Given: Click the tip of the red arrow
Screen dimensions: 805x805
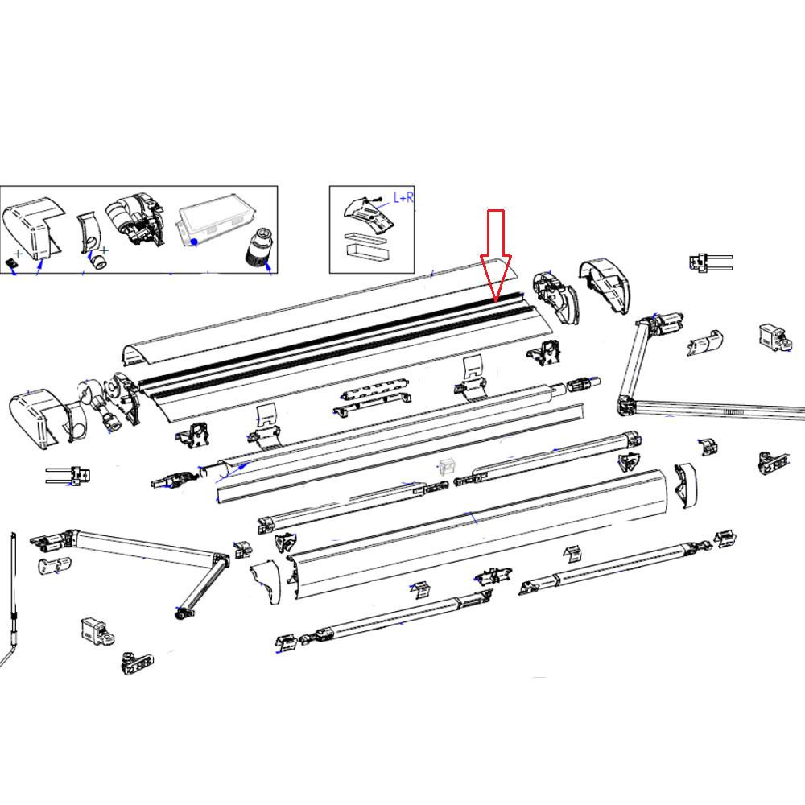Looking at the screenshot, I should [x=497, y=300].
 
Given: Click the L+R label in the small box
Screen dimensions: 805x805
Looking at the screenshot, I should [x=402, y=197].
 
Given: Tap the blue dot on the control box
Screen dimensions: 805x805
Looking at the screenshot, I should [x=194, y=242].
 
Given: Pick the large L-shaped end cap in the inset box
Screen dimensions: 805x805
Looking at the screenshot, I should [x=32, y=225].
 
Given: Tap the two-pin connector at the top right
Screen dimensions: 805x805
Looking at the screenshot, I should [x=708, y=262].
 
